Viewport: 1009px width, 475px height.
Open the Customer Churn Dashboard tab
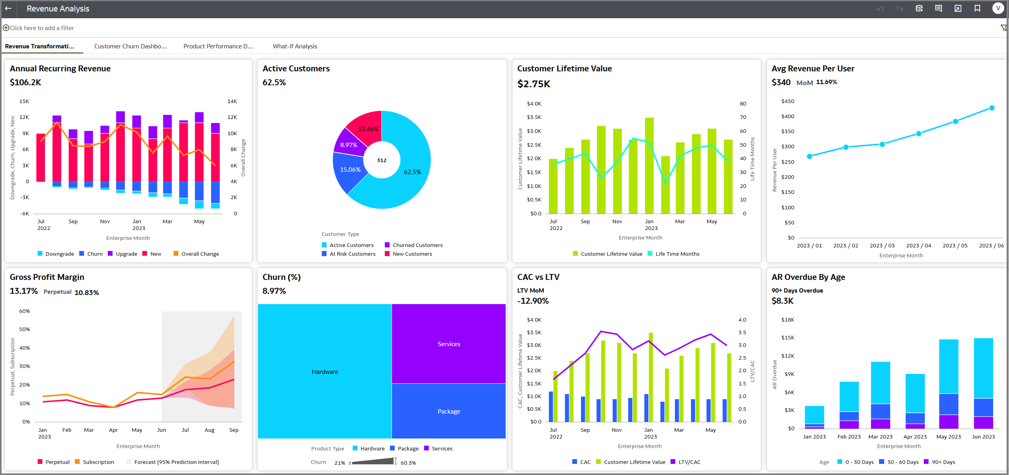coord(130,46)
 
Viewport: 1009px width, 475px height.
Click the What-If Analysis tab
coord(294,46)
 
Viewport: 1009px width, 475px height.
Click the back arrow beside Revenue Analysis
coord(8,8)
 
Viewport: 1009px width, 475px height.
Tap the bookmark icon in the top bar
coord(977,8)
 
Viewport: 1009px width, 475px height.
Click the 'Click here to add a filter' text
coord(42,28)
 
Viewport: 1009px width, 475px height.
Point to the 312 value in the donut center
coord(381,160)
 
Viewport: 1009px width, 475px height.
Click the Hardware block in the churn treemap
coord(325,372)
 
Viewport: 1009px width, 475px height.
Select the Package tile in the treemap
coord(449,411)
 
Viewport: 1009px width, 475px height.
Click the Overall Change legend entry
coord(200,254)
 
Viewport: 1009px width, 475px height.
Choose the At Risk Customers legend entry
coord(352,254)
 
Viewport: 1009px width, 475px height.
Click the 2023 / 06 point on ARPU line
coord(992,108)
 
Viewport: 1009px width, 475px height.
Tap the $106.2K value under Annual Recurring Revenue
coord(25,82)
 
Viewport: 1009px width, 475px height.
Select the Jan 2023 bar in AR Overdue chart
coord(814,417)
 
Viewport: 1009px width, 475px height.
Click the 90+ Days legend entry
coord(943,462)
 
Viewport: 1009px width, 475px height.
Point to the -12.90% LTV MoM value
coord(533,301)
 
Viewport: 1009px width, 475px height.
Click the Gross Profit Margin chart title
coord(47,277)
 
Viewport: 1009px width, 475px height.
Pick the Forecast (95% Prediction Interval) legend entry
coord(176,462)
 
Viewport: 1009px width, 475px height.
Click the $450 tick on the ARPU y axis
coord(787,101)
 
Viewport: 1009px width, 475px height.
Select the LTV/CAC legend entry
coord(689,462)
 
